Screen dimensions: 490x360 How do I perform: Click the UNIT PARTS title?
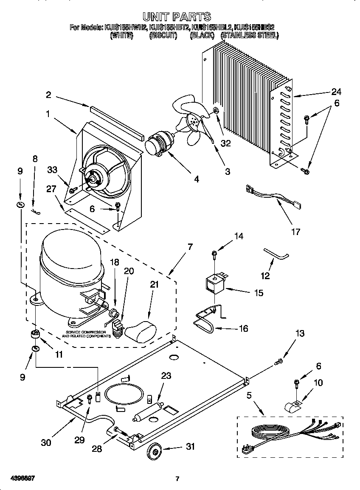tap(176, 17)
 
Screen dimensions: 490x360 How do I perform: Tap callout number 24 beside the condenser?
tap(336, 92)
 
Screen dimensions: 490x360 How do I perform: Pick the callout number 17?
tap(296, 232)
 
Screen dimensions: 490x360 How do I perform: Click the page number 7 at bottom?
tap(177, 479)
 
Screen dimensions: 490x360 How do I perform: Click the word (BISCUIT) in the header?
tap(163, 36)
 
